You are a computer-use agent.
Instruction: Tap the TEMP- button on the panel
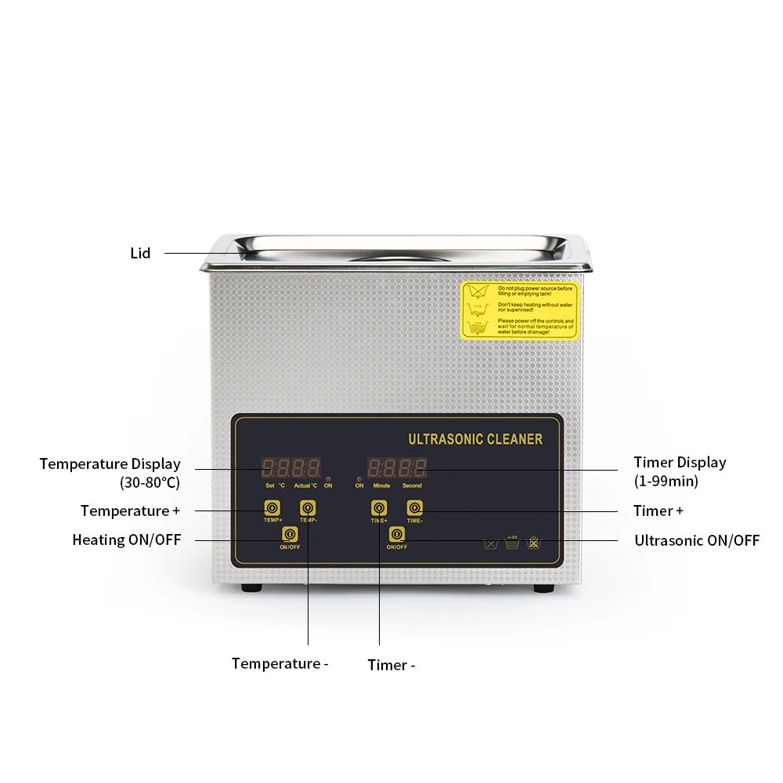coord(308,508)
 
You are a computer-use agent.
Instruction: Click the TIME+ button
coord(379,508)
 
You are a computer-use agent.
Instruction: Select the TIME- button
coord(414,507)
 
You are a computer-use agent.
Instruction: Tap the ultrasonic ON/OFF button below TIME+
coord(397,535)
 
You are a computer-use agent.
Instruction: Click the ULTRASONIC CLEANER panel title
coord(475,439)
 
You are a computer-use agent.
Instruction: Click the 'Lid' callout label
coord(140,253)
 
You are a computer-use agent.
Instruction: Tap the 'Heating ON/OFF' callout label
coord(126,539)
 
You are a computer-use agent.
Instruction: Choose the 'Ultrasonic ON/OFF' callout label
coord(696,539)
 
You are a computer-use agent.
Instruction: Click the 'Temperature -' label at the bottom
coord(280,664)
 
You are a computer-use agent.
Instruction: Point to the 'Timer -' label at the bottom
coord(391,665)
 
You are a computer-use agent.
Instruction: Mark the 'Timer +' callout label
coord(658,511)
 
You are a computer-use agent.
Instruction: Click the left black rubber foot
coord(251,588)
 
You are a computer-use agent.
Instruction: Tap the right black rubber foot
coord(541,588)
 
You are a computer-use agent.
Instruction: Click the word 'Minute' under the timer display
coord(381,486)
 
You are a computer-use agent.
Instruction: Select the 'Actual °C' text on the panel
coord(305,486)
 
